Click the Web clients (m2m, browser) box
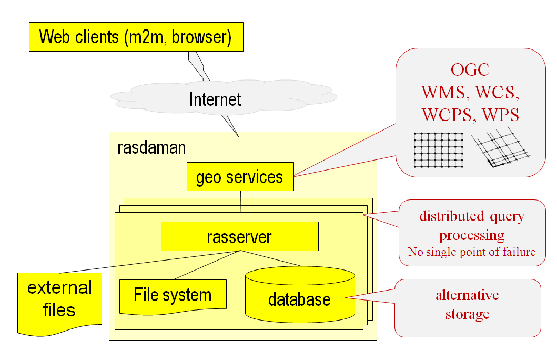136,37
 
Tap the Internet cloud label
215,99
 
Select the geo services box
240,177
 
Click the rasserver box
239,236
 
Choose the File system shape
173,295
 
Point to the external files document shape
59,298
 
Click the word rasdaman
151,147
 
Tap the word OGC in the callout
470,69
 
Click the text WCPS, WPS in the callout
470,114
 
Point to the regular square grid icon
438,150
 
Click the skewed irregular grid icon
500,149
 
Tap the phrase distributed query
472,216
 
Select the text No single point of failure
472,252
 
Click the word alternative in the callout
467,295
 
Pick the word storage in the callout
467,314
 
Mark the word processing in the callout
472,234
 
